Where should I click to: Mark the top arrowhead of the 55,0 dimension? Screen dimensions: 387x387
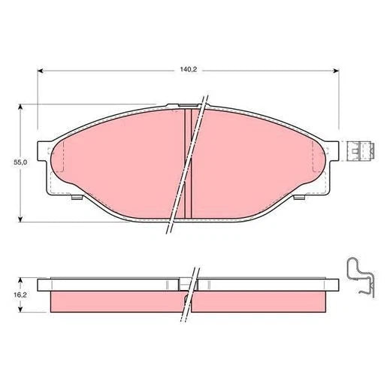click(x=20, y=107)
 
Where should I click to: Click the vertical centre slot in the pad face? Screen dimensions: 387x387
click(x=189, y=162)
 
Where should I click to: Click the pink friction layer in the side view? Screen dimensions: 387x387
click(x=113, y=301)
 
